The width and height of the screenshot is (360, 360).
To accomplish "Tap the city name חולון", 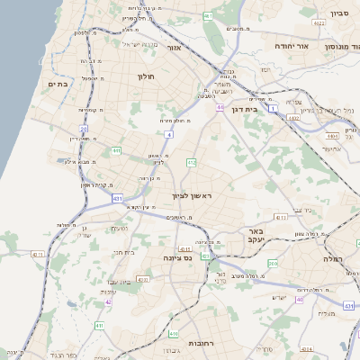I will [146, 77].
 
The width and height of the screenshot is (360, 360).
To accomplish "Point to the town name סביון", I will [339, 14].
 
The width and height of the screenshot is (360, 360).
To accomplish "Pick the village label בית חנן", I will [124, 252].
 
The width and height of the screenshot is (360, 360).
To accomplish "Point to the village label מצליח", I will [326, 313].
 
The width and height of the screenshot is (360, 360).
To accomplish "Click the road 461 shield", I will [208, 15].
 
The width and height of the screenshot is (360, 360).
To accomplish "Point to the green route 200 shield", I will [272, 262].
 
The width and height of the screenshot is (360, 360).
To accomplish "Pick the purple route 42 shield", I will [108, 301].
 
